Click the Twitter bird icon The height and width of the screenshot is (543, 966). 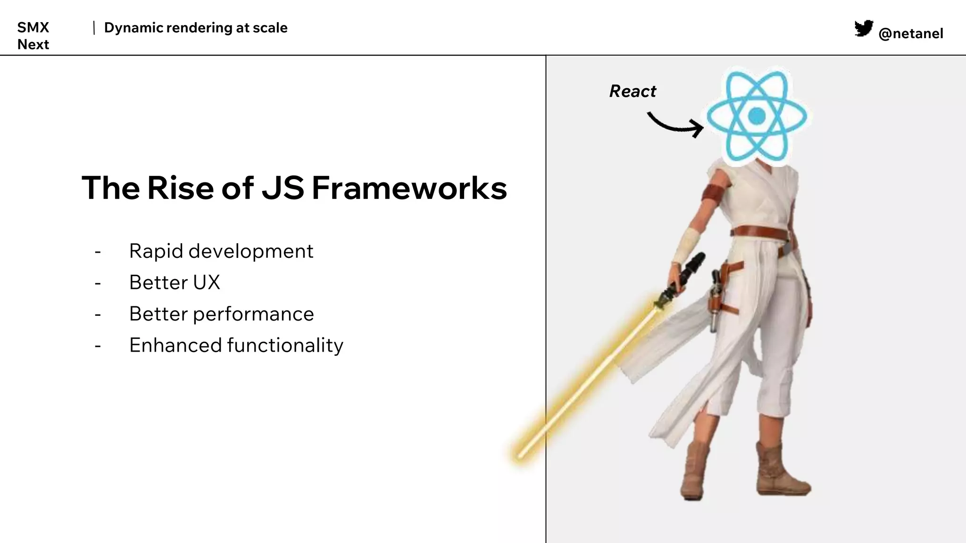click(863, 29)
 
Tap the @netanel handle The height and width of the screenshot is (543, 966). click(910, 33)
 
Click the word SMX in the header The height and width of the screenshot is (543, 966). click(33, 27)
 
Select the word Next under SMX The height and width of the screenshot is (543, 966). click(33, 44)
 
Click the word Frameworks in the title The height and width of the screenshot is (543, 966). click(409, 188)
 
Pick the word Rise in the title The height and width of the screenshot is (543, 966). click(181, 188)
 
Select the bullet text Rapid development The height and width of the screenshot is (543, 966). click(221, 251)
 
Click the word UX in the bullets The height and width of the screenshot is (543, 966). click(206, 282)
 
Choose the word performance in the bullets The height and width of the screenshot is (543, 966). click(253, 314)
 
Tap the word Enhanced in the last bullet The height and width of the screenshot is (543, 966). click(175, 345)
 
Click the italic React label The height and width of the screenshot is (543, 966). click(633, 91)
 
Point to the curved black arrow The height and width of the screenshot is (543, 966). click(675, 125)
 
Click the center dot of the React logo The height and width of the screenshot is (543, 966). click(757, 115)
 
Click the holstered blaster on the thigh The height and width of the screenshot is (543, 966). click(716, 302)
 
